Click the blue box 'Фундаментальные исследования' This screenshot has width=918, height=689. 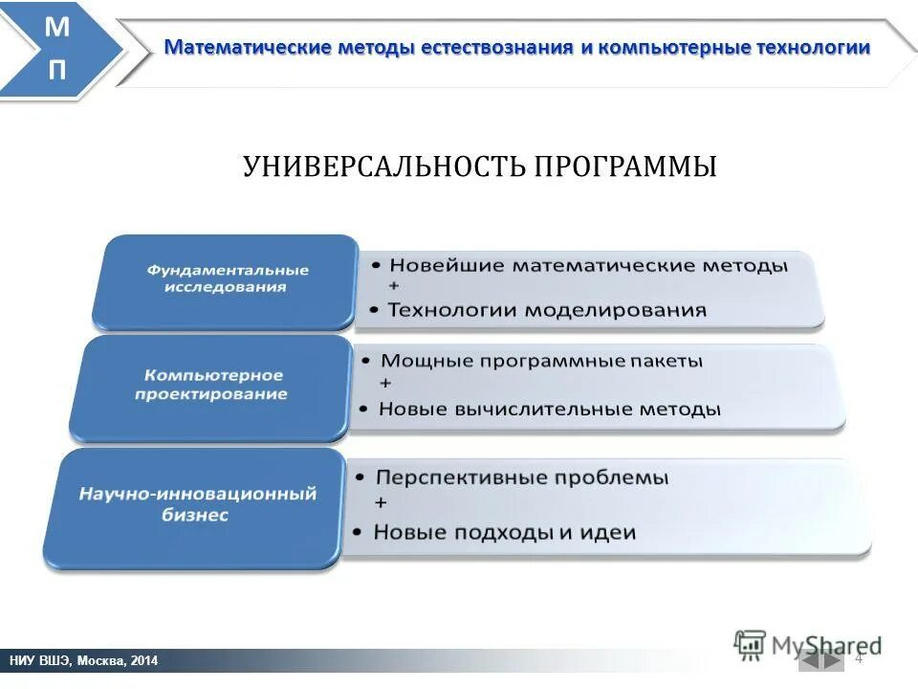(228, 279)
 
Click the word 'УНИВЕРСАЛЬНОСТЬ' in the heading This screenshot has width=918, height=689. (383, 167)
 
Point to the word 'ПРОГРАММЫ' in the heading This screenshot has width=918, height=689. (624, 167)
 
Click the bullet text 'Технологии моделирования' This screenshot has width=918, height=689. (547, 310)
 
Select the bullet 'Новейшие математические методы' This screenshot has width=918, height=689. (588, 265)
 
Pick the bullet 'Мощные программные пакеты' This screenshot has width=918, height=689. (541, 361)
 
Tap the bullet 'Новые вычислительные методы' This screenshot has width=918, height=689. (550, 410)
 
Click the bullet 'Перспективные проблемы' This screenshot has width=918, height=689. (521, 477)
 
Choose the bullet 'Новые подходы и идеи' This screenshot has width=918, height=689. (504, 532)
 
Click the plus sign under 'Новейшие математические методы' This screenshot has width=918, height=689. (394, 287)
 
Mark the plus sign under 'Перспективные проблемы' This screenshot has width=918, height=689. (381, 503)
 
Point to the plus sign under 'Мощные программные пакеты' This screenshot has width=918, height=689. (385, 384)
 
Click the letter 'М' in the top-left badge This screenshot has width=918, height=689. (58, 27)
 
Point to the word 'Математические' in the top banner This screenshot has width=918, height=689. (248, 48)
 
